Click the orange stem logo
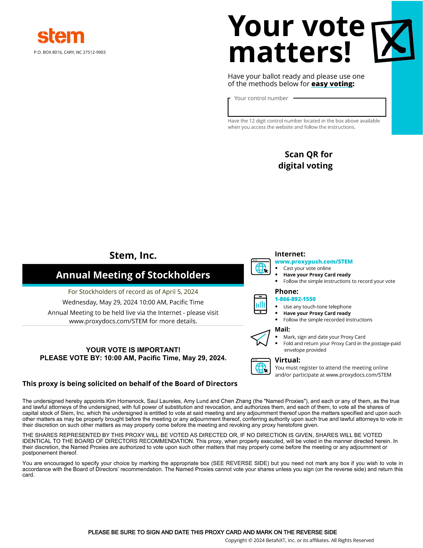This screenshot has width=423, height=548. click(x=61, y=36)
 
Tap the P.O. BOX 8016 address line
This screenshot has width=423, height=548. click(x=70, y=52)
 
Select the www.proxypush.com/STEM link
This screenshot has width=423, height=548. click(x=314, y=261)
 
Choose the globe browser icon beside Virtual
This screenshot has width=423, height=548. click(x=261, y=366)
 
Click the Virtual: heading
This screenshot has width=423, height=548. click(x=287, y=360)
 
